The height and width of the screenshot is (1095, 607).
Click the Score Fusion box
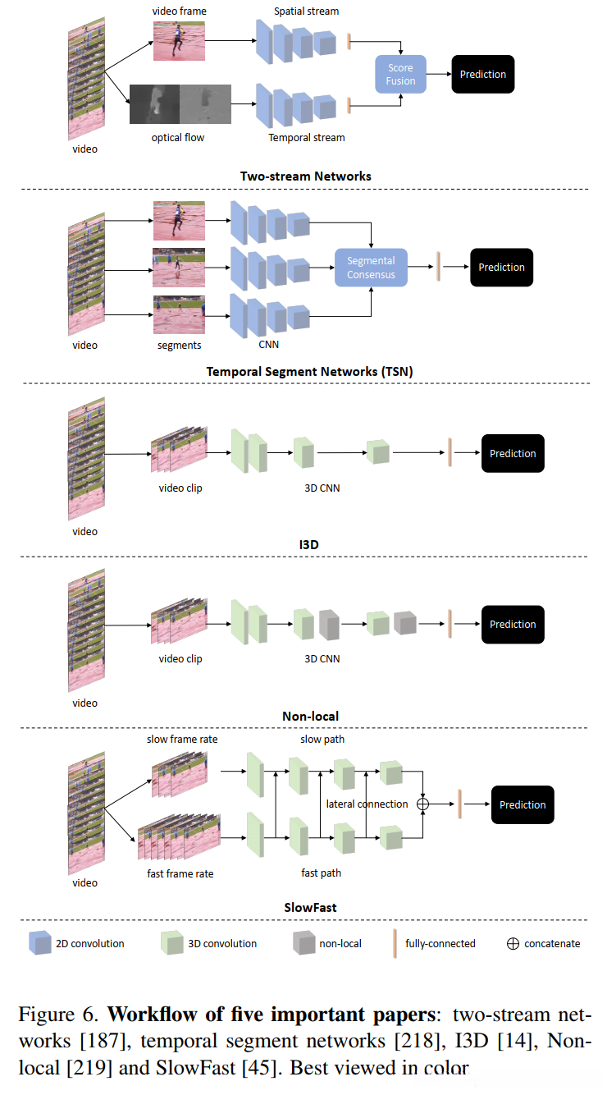pos(400,75)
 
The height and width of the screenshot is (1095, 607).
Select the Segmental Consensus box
pos(371,268)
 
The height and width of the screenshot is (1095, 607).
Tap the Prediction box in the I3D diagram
pos(513,453)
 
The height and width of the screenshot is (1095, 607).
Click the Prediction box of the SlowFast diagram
pos(523,804)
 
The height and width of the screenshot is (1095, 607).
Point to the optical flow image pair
pos(180,104)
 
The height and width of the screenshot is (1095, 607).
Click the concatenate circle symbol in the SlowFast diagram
pos(423,804)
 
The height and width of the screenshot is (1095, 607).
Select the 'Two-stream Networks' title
pos(306,176)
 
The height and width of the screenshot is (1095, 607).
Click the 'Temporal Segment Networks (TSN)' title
pos(309,372)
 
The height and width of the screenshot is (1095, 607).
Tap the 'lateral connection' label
pos(367,804)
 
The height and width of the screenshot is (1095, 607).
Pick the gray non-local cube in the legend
pos(303,942)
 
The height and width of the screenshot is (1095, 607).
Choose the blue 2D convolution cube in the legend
pos(40,942)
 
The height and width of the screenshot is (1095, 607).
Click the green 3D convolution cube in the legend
pos(172,942)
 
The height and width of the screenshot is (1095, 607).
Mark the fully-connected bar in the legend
pos(395,943)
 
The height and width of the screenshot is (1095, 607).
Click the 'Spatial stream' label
pos(306,11)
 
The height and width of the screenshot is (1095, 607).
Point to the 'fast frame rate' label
pos(180,873)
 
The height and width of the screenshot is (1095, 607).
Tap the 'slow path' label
pos(322,739)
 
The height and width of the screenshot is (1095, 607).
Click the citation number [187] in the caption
pos(106,1041)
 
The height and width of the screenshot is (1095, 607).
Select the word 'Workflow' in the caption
pos(153,1015)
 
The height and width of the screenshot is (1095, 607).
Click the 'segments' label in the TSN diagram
pos(179,345)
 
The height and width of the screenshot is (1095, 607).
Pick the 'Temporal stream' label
pos(307,138)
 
